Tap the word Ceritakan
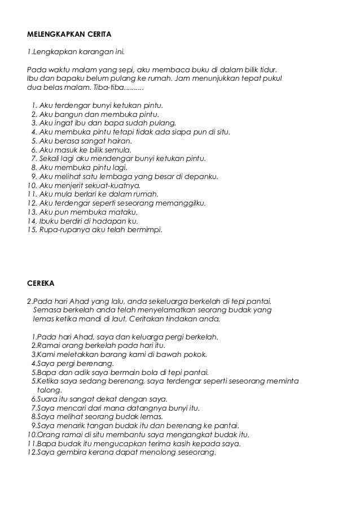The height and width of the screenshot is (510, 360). click(146, 319)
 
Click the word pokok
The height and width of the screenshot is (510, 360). click(195, 355)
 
